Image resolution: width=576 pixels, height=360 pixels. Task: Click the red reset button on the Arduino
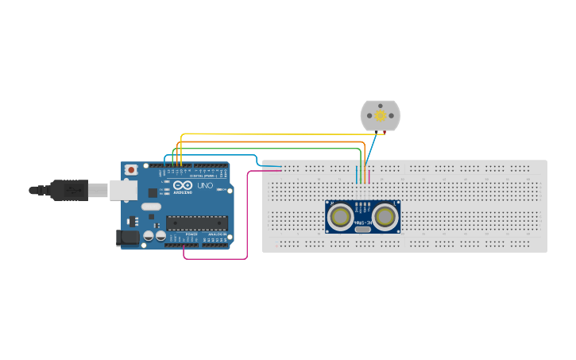(131, 170)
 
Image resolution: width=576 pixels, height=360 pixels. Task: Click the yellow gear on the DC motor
(381, 116)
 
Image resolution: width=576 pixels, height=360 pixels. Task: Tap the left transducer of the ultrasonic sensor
(341, 215)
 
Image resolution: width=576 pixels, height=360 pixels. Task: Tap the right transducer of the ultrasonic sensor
(385, 215)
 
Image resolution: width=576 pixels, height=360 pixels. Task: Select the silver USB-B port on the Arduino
(122, 190)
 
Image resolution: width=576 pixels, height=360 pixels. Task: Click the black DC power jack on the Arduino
(126, 237)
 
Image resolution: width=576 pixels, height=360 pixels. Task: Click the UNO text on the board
(205, 186)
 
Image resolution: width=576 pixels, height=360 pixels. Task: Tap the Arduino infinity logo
(183, 185)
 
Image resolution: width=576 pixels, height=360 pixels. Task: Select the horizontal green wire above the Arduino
(270, 149)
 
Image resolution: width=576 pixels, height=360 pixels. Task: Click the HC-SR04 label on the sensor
(363, 223)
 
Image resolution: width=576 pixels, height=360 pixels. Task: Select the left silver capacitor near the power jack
(149, 236)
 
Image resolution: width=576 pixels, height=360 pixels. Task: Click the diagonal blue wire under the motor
(374, 148)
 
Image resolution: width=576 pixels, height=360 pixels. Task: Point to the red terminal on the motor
(385, 132)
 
